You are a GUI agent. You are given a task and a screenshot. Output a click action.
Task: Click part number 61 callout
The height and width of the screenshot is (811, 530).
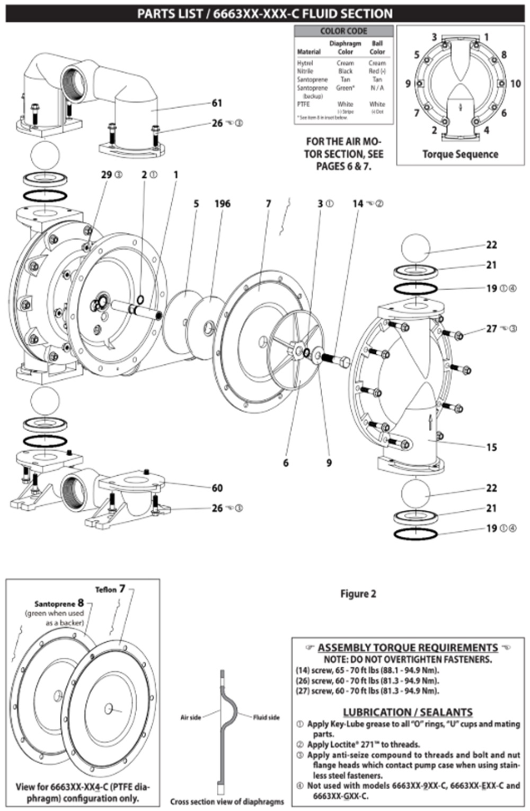tap(217, 103)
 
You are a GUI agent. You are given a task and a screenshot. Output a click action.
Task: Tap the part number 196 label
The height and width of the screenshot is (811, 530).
tap(222, 204)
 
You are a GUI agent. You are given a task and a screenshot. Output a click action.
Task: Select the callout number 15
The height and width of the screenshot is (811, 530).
tap(491, 447)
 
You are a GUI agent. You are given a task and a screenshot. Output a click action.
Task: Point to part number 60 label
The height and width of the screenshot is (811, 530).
tap(217, 487)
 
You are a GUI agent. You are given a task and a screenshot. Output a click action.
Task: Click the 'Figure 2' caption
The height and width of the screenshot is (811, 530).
tap(358, 594)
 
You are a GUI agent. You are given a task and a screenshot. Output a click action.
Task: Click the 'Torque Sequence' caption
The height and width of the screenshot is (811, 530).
tap(460, 154)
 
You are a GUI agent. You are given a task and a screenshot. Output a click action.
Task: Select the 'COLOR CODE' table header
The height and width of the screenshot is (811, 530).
tap(343, 31)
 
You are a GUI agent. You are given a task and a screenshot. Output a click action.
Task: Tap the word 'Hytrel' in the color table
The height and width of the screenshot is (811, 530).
tap(305, 63)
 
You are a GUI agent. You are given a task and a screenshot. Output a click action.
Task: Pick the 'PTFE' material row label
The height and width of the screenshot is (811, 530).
tap(303, 104)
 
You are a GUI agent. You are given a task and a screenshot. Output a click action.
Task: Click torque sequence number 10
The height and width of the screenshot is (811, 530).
tap(515, 84)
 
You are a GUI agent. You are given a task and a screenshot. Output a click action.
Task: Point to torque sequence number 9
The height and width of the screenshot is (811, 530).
tap(408, 84)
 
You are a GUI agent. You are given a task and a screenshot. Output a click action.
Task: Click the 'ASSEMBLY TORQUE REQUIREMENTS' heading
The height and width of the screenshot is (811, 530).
tap(407, 648)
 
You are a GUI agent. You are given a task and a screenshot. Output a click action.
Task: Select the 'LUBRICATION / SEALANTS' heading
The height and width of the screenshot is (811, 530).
tap(407, 712)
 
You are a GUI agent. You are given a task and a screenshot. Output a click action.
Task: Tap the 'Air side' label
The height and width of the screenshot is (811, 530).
tap(190, 718)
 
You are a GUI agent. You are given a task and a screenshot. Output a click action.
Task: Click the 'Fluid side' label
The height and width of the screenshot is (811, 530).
tap(266, 718)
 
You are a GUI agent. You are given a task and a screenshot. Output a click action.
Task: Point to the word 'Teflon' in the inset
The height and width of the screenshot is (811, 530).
tap(105, 590)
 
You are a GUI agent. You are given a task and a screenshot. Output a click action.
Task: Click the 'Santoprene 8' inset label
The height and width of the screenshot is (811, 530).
tap(59, 603)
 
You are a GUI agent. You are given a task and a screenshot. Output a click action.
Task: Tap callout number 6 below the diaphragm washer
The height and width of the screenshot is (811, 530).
tap(286, 463)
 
